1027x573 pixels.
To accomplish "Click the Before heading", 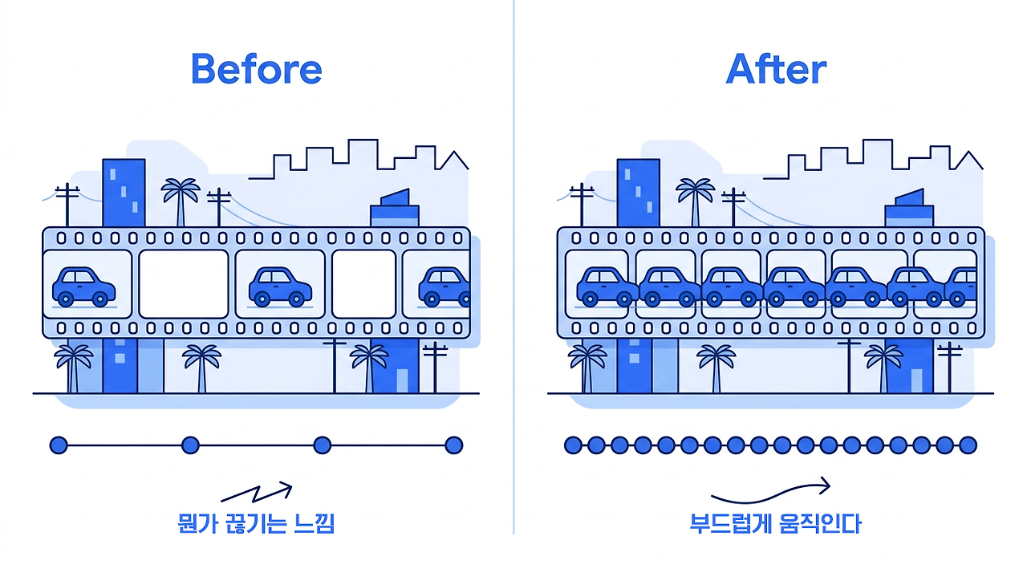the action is pyautogui.click(x=257, y=69).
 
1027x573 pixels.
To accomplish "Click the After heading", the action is pyautogui.click(x=776, y=69).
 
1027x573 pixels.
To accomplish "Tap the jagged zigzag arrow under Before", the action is pyautogui.click(x=257, y=492).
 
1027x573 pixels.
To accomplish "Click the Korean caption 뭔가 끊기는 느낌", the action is pyautogui.click(x=256, y=523).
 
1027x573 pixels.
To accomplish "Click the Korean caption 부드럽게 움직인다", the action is pyautogui.click(x=776, y=523).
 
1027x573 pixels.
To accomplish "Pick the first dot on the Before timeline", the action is pyautogui.click(x=59, y=445).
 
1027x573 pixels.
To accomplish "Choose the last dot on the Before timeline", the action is pyautogui.click(x=454, y=445).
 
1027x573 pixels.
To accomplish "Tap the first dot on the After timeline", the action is pyautogui.click(x=573, y=445).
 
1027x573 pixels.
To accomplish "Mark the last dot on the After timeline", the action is pyautogui.click(x=968, y=445).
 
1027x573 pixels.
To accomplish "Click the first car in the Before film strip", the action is pyautogui.click(x=84, y=287).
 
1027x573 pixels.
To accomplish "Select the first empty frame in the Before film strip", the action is pyautogui.click(x=184, y=284).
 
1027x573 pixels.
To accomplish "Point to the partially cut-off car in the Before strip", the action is pyautogui.click(x=444, y=287).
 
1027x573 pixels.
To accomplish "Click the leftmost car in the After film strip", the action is pyautogui.click(x=607, y=287).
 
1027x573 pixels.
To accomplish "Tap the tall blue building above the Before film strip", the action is pyautogui.click(x=124, y=193).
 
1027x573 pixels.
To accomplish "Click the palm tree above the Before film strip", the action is pyautogui.click(x=181, y=202).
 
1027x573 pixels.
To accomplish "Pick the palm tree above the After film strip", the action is pyautogui.click(x=696, y=202).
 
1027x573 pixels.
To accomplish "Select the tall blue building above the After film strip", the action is pyautogui.click(x=638, y=193).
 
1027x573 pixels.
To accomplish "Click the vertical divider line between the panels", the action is pyautogui.click(x=513, y=266).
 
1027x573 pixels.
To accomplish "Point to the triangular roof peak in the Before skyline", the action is pyautogui.click(x=454, y=151).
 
